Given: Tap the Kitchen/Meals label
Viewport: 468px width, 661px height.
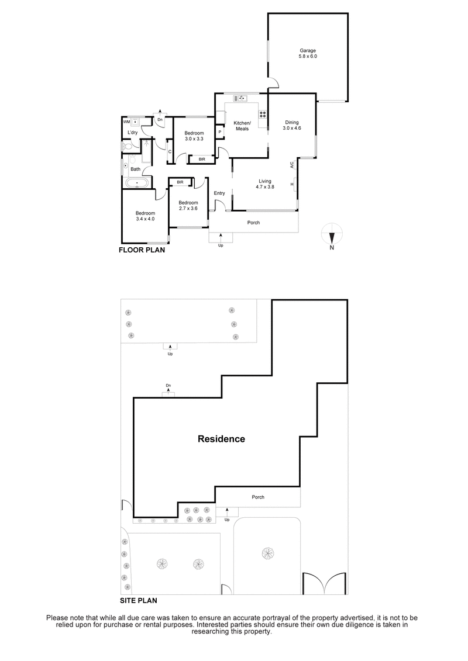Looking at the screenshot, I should (242, 126).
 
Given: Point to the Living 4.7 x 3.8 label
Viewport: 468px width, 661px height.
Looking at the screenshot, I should (264, 184).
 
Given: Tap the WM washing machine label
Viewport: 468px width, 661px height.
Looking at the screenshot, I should (126, 122).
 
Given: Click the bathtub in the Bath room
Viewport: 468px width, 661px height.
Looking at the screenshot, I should (137, 183).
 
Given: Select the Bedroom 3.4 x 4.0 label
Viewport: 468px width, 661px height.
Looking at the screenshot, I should (145, 216).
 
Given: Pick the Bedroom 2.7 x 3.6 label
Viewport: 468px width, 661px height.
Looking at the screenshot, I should (188, 206).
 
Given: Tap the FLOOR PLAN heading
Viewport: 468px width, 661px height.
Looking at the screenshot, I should (142, 250).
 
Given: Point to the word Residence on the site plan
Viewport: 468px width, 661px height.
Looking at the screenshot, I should (221, 439).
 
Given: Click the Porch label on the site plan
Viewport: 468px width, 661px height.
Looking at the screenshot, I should (258, 497).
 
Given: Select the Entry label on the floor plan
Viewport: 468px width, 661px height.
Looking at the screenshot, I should (219, 193).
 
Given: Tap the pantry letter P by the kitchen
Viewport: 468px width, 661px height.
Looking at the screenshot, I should (219, 132).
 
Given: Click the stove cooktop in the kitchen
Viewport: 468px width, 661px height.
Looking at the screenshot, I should (263, 115).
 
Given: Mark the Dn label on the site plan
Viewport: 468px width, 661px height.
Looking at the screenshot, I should (168, 386).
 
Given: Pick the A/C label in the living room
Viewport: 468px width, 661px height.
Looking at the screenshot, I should (291, 165).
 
